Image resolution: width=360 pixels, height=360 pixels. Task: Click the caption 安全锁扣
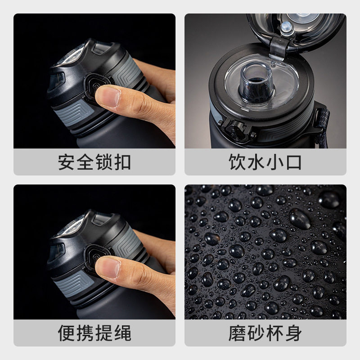94,162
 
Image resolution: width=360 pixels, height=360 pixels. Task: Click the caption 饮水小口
265,162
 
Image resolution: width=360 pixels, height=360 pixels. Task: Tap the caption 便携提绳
94,333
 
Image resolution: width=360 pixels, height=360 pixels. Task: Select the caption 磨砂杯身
265,333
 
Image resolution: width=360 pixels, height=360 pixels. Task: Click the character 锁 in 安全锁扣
104,162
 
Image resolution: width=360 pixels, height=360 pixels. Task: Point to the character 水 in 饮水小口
256,162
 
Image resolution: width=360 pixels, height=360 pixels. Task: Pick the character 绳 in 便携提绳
122,333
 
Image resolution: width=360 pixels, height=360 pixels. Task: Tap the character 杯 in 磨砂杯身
274,333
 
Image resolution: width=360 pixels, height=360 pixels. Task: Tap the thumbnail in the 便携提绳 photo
108,268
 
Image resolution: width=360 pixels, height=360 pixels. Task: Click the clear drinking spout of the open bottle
256,82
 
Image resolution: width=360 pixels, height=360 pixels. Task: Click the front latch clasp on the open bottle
237,131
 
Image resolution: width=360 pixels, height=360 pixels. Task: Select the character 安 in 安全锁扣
66,162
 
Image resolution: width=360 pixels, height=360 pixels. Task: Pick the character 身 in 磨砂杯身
293,333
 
